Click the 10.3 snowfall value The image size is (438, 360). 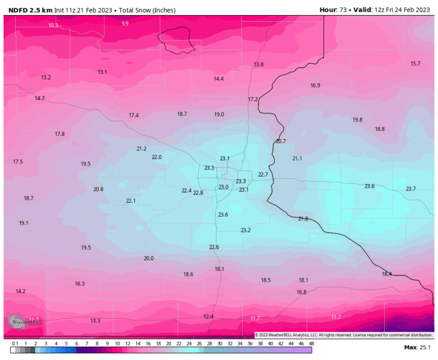click(x=53, y=25)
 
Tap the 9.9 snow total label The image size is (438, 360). click(x=125, y=23)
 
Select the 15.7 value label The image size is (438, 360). click(x=415, y=64)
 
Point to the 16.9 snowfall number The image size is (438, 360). click(x=315, y=85)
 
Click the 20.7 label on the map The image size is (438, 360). click(x=280, y=141)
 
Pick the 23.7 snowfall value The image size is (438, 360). click(x=410, y=188)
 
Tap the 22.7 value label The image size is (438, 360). click(x=263, y=174)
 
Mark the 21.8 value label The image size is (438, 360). click(x=303, y=219)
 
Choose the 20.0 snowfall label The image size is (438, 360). click(x=148, y=258)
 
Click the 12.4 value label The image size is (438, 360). click(x=208, y=317)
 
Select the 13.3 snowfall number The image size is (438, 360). click(x=95, y=321)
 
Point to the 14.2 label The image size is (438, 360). click(x=21, y=291)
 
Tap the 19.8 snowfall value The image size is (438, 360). click(x=357, y=120)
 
